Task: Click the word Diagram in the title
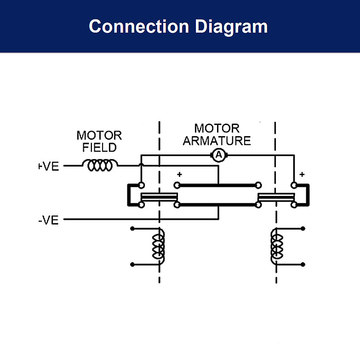click(231, 26)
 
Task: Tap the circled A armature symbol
click(219, 155)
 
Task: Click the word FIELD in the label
click(99, 148)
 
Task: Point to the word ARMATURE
click(217, 140)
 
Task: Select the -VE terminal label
click(49, 220)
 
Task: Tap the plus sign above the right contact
click(302, 174)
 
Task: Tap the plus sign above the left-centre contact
click(179, 174)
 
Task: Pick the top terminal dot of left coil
click(132, 228)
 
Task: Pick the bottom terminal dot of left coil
click(132, 264)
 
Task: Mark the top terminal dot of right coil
click(303, 228)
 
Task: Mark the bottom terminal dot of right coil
click(303, 264)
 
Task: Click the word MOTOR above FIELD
click(99, 136)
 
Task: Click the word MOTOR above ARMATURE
click(217, 128)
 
